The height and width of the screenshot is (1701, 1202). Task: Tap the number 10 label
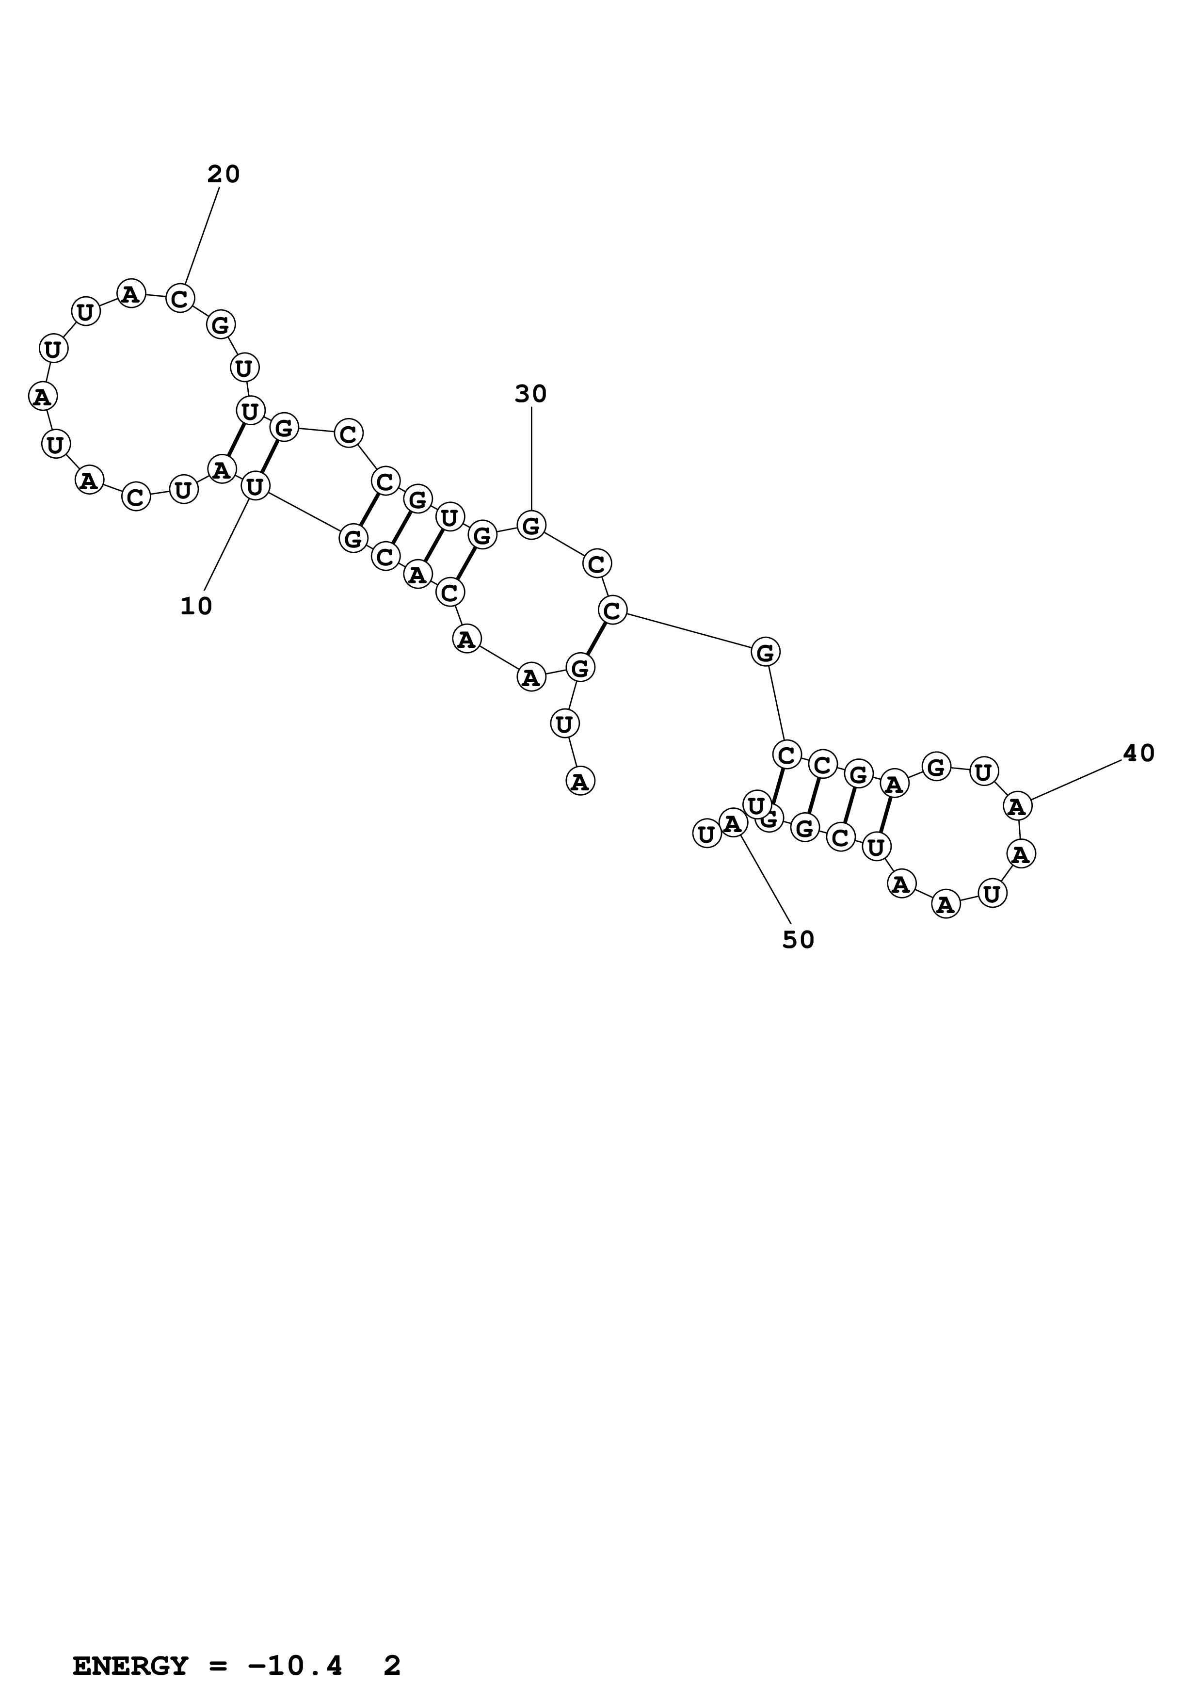click(x=196, y=607)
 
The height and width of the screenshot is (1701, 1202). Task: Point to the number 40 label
click(x=1138, y=754)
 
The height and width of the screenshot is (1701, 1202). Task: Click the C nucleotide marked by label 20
click(x=180, y=299)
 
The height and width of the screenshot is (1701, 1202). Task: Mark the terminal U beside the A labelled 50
click(x=706, y=834)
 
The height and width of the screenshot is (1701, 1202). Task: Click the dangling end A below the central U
click(x=580, y=781)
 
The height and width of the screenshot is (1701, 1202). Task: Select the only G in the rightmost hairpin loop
click(x=937, y=766)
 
